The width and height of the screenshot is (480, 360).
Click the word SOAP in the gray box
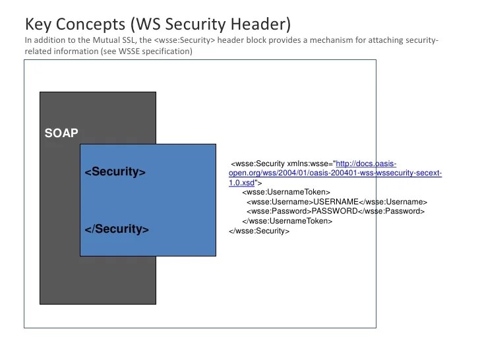tap(61, 133)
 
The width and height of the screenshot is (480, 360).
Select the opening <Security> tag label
tap(115, 172)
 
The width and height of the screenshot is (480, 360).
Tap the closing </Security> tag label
tap(117, 229)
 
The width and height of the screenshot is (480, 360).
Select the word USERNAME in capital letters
tap(335, 202)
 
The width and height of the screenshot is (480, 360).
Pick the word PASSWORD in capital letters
tap(334, 212)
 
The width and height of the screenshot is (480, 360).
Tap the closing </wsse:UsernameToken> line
tap(287, 222)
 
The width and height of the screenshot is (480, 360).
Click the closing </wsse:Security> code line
tap(258, 231)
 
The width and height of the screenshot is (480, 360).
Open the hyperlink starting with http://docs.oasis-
tap(366, 164)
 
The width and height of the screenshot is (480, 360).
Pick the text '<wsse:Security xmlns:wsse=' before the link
tap(282, 164)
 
